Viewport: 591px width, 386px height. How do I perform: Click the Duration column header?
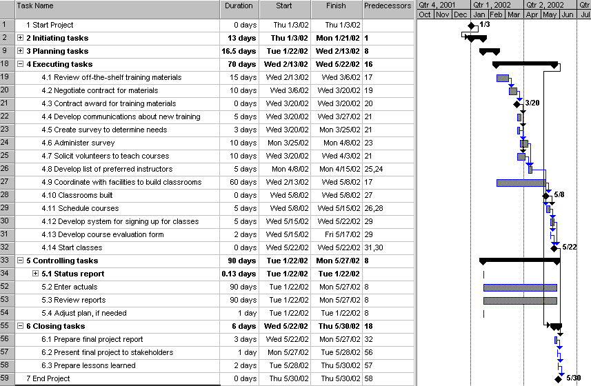click(x=239, y=6)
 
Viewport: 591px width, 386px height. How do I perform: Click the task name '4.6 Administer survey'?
click(x=78, y=143)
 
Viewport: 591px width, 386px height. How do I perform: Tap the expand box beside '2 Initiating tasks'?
click(x=21, y=38)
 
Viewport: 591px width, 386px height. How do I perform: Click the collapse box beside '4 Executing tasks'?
click(x=21, y=64)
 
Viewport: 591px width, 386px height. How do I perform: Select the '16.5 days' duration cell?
click(x=239, y=51)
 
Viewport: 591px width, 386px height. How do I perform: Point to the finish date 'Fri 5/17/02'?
click(x=337, y=234)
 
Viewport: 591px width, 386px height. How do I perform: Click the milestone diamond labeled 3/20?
click(x=518, y=103)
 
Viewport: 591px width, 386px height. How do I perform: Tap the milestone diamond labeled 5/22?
click(x=554, y=247)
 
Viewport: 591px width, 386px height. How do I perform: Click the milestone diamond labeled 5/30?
click(x=558, y=378)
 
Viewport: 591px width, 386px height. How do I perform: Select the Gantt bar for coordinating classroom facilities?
click(x=521, y=183)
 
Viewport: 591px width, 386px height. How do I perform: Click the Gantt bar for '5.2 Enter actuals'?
click(x=520, y=287)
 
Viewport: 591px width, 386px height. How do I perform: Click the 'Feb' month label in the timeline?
click(x=497, y=14)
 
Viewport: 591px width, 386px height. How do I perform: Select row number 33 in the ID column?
click(x=6, y=261)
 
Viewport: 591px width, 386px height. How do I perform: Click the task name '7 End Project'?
click(x=48, y=378)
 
